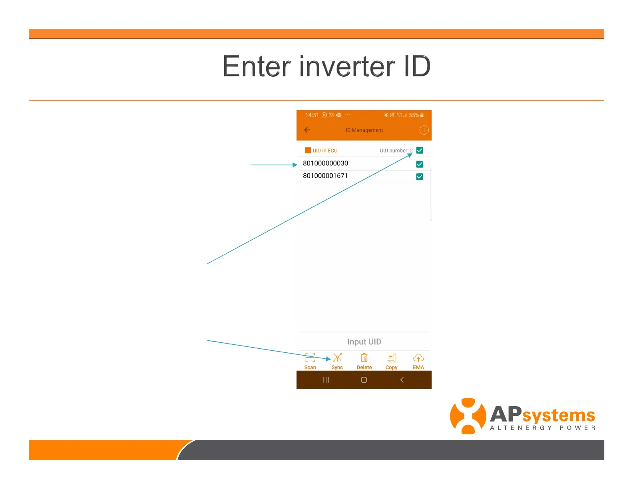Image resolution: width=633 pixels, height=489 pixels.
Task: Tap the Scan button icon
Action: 310,357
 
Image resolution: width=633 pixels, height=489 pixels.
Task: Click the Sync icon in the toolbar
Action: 337,357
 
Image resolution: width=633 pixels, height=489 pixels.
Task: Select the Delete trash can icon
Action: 364,357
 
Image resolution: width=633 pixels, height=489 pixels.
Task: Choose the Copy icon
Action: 391,357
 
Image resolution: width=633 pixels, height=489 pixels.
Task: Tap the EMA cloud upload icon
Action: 418,358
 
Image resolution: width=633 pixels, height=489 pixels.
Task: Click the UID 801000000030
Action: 325,163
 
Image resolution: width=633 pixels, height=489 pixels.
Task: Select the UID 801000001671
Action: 325,176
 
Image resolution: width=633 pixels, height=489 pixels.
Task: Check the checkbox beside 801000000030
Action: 420,164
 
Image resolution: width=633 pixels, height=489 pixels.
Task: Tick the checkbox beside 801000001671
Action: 420,177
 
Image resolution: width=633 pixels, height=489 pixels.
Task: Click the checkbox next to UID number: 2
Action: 420,150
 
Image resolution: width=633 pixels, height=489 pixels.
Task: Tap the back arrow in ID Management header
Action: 307,130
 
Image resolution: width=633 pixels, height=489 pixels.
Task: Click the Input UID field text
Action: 364,342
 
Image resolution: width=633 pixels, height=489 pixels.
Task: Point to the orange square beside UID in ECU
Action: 308,150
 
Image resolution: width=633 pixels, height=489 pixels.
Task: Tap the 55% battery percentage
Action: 414,115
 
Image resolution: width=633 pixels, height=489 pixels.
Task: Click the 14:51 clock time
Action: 312,115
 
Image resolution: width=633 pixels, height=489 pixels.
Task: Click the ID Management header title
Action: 364,130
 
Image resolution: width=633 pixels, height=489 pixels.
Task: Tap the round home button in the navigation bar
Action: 364,380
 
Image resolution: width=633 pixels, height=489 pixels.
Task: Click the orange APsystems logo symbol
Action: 468,416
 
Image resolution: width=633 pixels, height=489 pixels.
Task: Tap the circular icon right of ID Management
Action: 424,130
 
